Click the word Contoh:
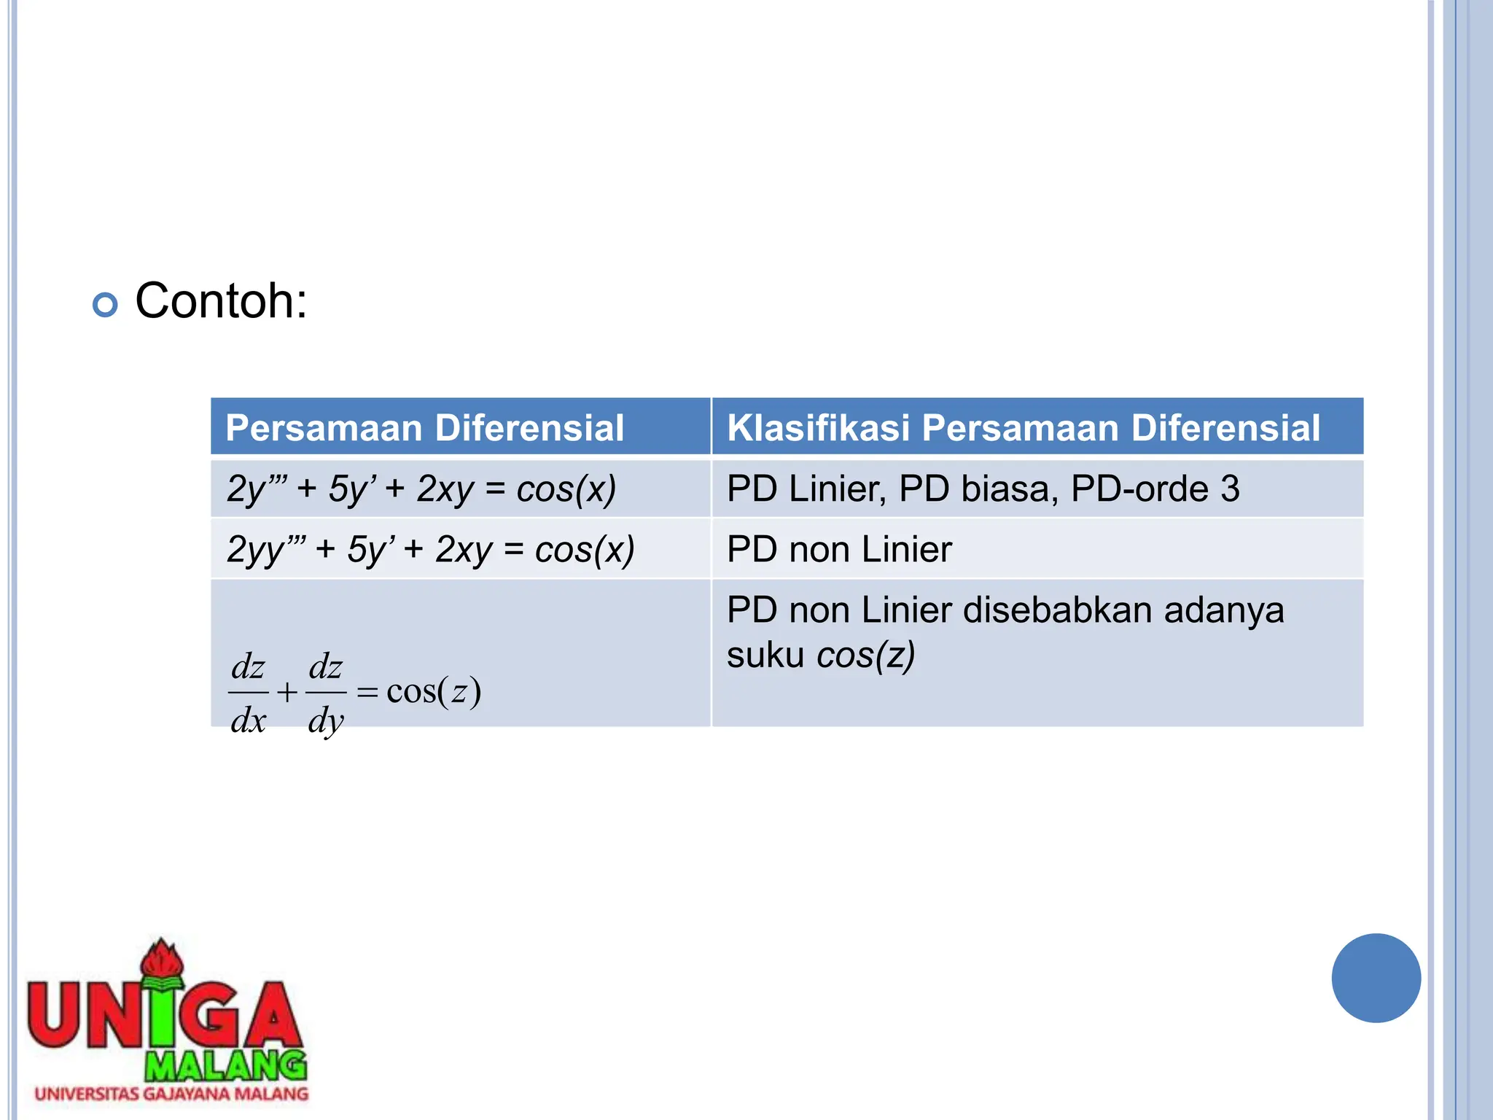(221, 300)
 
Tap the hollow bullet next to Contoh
(105, 304)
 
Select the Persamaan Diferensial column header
(424, 427)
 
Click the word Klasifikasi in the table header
(818, 427)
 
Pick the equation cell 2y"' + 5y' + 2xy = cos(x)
(421, 489)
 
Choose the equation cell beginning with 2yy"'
(430, 549)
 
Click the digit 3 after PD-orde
(1230, 489)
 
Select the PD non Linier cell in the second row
(839, 549)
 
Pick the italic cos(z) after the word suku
(865, 655)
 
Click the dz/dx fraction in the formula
(249, 693)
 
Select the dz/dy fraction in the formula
(325, 693)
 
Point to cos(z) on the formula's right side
(433, 691)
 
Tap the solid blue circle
(1376, 978)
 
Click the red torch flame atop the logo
(162, 958)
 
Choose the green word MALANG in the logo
(225, 1066)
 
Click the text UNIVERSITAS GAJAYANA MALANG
(171, 1094)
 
